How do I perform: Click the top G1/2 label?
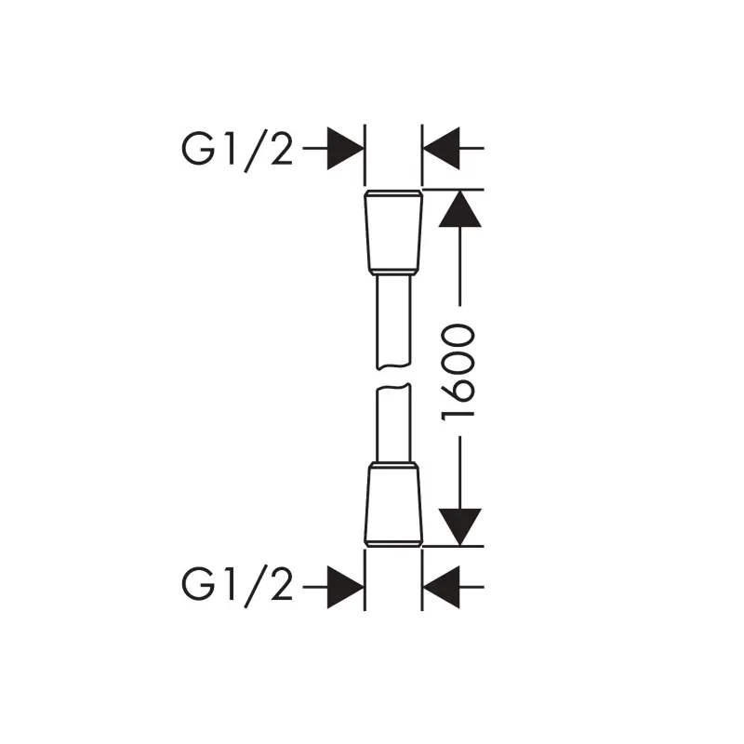tap(237, 149)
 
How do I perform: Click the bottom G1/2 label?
tap(237, 585)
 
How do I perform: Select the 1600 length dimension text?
tap(458, 371)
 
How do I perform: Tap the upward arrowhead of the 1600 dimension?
tap(459, 208)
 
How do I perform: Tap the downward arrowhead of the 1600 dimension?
tap(459, 526)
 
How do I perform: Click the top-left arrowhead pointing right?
tap(345, 149)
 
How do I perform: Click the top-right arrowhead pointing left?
tap(441, 149)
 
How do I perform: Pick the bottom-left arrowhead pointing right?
tap(345, 587)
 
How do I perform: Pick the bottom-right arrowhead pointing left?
tap(441, 587)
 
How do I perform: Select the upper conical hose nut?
tap(393, 232)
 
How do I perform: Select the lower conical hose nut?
tap(393, 504)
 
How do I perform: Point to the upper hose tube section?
tap(393, 323)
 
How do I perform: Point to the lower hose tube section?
tap(393, 422)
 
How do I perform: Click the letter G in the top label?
tap(198, 149)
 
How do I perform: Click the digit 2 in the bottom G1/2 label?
tap(282, 585)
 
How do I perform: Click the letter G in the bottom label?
tap(198, 585)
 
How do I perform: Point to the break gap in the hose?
tap(393, 377)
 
